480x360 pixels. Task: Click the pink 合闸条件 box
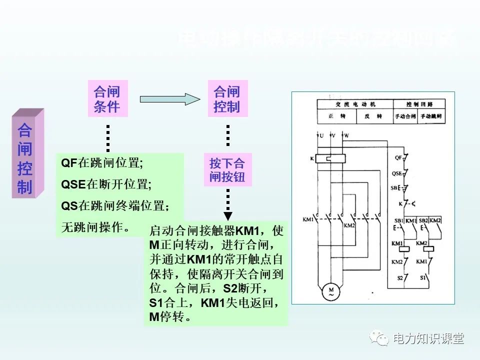click(107, 99)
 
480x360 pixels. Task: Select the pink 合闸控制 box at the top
click(227, 99)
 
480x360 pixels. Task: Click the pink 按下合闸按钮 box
click(227, 170)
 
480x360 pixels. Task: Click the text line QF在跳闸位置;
click(102, 163)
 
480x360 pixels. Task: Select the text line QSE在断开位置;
click(106, 184)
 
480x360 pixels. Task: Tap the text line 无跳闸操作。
click(95, 227)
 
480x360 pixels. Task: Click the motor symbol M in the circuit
click(330, 290)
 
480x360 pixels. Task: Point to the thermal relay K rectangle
click(330, 158)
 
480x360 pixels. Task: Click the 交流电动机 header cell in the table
click(355, 104)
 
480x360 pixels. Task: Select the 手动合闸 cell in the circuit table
click(405, 116)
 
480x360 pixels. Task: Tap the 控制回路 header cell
click(419, 104)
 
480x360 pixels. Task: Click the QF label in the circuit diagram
click(398, 157)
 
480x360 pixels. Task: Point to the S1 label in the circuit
click(422, 276)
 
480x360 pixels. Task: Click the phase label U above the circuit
click(321, 135)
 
